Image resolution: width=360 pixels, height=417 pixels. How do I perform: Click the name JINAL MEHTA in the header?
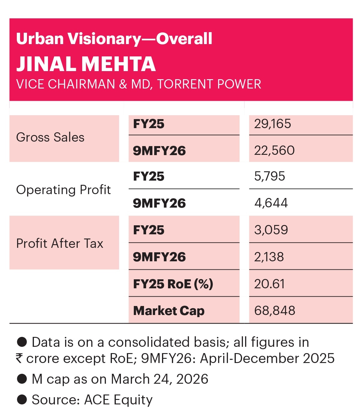[86, 64]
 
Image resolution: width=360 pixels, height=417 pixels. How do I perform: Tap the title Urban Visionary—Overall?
[114, 39]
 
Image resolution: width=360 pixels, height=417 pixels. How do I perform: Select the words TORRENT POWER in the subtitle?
[209, 84]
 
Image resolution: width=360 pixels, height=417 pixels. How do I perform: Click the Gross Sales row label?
[50, 137]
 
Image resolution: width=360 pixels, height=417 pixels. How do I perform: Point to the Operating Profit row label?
[63, 190]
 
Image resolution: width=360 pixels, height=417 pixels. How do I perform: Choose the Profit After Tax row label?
[59, 243]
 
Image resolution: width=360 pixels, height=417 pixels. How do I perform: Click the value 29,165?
[272, 124]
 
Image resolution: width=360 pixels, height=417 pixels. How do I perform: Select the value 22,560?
[274, 150]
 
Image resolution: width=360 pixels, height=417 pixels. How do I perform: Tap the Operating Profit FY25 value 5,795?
[269, 176]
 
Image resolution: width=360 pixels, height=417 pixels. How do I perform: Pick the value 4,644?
[271, 203]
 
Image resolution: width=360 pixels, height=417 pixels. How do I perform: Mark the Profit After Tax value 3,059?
[271, 230]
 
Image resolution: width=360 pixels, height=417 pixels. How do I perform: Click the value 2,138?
[269, 257]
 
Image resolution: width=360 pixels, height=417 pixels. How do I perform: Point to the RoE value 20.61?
[269, 284]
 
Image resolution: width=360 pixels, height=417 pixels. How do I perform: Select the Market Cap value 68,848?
[274, 310]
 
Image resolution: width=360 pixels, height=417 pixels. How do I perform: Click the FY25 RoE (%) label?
[173, 284]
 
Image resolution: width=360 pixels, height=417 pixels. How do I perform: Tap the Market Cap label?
[169, 311]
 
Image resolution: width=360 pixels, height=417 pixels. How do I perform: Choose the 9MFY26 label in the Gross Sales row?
[159, 151]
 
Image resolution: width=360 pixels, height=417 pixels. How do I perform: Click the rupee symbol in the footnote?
[19, 358]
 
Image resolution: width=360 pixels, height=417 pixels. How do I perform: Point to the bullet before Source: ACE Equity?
[22, 400]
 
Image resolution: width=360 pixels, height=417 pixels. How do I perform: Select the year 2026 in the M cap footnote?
[192, 379]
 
